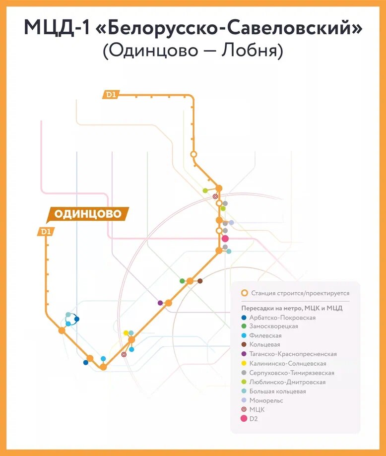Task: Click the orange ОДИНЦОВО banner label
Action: (87, 214)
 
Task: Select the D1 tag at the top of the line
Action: (110, 94)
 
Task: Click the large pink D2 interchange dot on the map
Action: (225, 239)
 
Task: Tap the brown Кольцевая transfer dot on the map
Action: (200, 281)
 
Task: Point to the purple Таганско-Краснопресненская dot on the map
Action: (160, 303)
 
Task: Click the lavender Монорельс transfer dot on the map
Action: (231, 223)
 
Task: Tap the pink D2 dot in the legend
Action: (244, 419)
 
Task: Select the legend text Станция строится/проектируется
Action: (300, 293)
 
